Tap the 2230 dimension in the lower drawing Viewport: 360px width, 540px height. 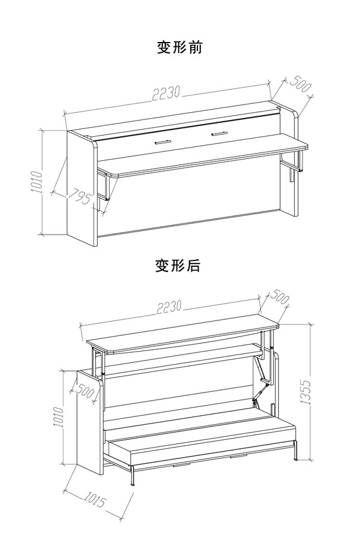point(170,307)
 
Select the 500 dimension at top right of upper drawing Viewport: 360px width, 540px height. point(301,85)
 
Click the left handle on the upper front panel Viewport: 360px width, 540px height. point(162,142)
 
